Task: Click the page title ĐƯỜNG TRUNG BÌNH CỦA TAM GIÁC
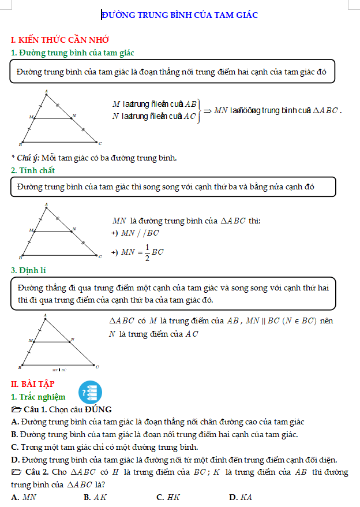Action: (x=179, y=15)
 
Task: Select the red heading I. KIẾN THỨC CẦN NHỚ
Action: (x=60, y=40)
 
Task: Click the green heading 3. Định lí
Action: (x=31, y=270)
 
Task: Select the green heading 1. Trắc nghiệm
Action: (x=38, y=397)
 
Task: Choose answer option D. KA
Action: (x=241, y=497)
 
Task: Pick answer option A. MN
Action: (x=24, y=497)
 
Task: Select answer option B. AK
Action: (x=96, y=497)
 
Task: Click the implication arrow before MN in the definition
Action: (x=208, y=110)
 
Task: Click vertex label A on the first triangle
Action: (x=46, y=91)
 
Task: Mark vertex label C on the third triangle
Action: (x=97, y=366)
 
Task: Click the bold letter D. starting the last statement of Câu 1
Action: (x=15, y=460)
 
